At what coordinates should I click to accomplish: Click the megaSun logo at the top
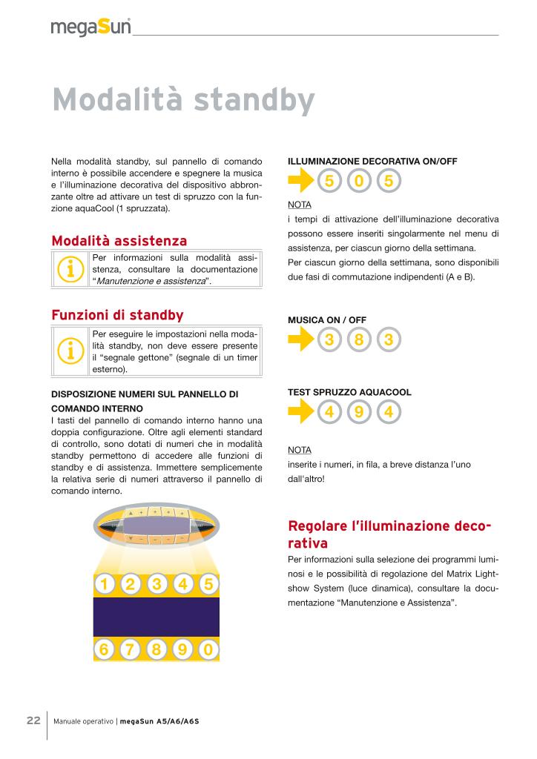click(x=91, y=27)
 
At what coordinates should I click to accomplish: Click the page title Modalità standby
click(x=183, y=100)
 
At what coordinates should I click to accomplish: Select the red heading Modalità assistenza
click(x=119, y=241)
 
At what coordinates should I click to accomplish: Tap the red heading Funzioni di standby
click(x=117, y=315)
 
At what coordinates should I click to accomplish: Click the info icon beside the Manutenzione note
click(x=70, y=270)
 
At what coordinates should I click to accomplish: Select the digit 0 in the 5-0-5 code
click(x=359, y=181)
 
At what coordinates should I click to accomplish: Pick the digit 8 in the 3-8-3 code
click(x=359, y=339)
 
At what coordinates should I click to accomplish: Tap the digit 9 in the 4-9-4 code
click(x=359, y=412)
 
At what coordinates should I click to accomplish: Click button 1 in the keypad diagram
click(x=105, y=585)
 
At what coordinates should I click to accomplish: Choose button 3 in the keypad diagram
click(x=157, y=585)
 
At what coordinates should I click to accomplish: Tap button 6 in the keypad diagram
click(x=105, y=650)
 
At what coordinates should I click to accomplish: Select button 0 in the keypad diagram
click(x=208, y=650)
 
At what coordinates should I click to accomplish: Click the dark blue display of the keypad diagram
click(x=157, y=617)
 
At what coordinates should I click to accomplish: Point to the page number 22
click(x=33, y=720)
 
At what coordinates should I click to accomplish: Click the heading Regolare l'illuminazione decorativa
click(x=389, y=534)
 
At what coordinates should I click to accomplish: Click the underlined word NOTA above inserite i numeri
click(x=299, y=450)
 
